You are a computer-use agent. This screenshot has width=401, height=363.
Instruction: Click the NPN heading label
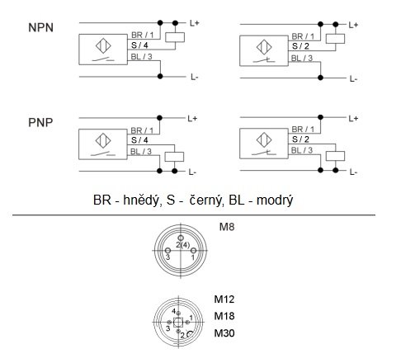coord(40,28)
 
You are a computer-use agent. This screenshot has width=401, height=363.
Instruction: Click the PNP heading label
coord(40,123)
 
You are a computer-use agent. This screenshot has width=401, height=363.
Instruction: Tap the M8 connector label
coord(227,227)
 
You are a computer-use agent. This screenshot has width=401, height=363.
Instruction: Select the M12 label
coord(224,299)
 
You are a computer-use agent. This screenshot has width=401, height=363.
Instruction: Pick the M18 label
coord(224,316)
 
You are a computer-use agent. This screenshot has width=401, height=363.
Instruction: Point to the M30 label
coord(224,333)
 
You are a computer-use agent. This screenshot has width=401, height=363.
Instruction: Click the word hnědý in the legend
coord(141,200)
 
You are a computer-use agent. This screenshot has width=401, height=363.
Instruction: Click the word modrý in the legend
coord(275,200)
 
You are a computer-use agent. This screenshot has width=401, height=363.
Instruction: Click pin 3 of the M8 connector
coord(167,251)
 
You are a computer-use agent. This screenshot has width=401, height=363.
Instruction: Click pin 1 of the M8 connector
coord(193,251)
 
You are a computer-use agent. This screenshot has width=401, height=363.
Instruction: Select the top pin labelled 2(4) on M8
coord(181,238)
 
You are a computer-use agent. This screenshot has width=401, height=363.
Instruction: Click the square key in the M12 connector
coord(178,322)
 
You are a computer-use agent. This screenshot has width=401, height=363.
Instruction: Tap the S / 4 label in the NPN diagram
coord(139,45)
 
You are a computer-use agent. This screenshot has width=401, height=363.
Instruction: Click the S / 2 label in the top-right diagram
coord(300,46)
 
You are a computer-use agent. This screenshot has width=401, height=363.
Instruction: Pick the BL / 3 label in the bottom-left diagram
coord(141,152)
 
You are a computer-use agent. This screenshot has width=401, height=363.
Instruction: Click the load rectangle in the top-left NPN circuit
coord(175,37)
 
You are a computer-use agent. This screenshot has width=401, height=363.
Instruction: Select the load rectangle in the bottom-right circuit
coord(335,156)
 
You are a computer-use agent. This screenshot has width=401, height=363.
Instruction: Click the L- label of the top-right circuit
coord(353,79)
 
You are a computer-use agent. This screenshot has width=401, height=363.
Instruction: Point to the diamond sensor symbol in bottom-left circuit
coord(103,140)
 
